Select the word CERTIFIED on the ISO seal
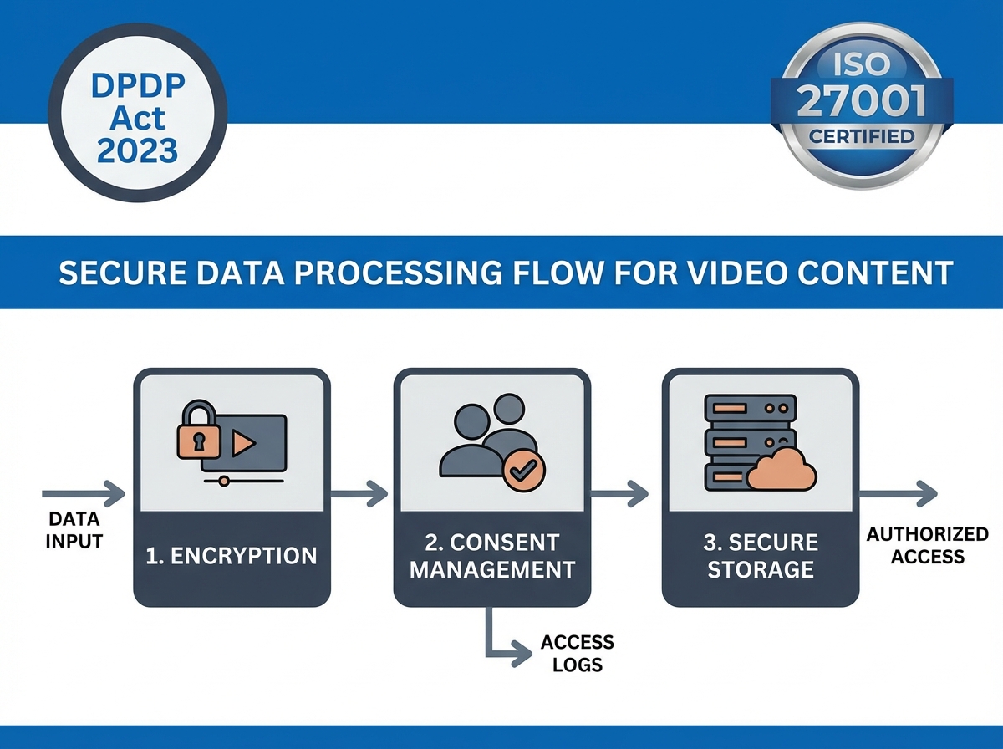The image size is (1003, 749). (861, 136)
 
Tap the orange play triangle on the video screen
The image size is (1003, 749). (243, 443)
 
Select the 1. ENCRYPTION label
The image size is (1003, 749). (232, 555)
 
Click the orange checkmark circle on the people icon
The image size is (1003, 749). (525, 471)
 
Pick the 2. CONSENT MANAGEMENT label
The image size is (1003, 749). (492, 555)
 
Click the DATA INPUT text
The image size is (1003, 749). (74, 530)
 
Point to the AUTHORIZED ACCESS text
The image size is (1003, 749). (927, 545)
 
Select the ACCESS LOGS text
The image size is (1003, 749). (577, 654)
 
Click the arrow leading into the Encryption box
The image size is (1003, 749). (84, 493)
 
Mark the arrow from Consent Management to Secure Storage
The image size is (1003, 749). (619, 493)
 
